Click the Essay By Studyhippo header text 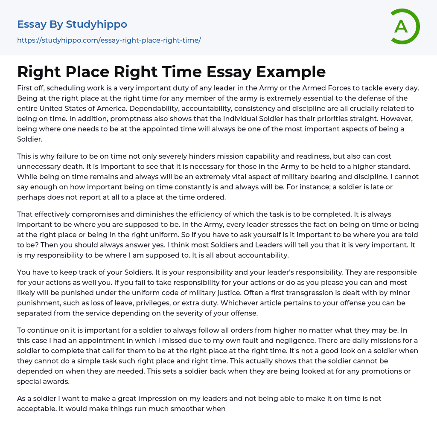click(72, 24)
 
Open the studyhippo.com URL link click(109, 40)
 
